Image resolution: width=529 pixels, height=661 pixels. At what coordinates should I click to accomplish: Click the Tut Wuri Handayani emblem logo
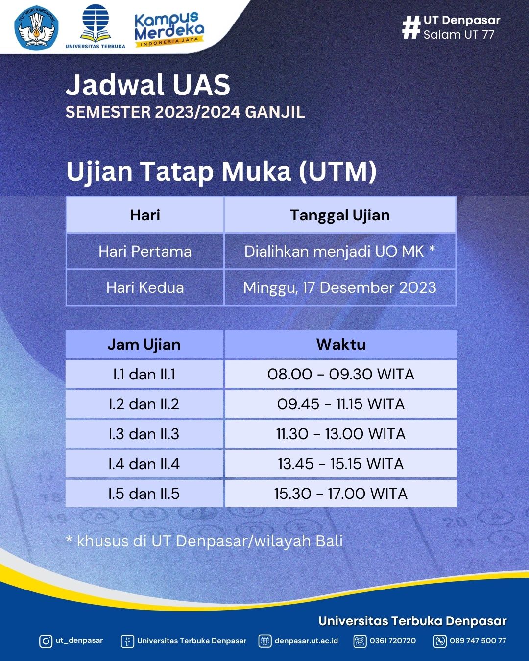coord(37,26)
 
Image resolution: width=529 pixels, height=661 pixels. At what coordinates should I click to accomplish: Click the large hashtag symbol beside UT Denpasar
coord(411,27)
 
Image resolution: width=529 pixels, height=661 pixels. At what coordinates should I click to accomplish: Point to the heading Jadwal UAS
coord(148,85)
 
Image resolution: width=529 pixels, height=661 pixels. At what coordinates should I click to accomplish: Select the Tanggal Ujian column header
coord(340,215)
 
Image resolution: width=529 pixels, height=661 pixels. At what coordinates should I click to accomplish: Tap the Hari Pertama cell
coord(145,251)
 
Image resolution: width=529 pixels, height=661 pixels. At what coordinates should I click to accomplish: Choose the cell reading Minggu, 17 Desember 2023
coord(340,287)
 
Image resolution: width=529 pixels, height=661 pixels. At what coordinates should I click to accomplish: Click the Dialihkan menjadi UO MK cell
coord(340,251)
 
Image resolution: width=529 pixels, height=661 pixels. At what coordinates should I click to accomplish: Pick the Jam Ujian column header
coord(144,344)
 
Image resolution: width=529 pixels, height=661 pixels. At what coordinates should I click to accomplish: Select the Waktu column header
coord(341,344)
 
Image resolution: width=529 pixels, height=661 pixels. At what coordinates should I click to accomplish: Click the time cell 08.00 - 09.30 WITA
coord(341,374)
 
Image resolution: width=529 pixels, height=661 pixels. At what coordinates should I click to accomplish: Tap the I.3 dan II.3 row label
coord(144,434)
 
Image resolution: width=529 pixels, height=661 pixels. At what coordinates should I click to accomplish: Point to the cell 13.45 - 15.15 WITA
coord(341,464)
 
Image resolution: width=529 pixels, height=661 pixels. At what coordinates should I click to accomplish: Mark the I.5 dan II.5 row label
coord(144,494)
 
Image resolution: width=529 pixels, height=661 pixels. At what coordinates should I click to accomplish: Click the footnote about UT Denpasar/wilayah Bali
coord(204,541)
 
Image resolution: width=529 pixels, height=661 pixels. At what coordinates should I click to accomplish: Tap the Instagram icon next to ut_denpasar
coord(46,641)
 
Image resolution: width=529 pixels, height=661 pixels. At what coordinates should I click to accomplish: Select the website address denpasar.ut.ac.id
coord(306,641)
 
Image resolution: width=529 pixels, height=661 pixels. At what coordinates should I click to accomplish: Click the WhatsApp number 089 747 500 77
coord(478,641)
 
